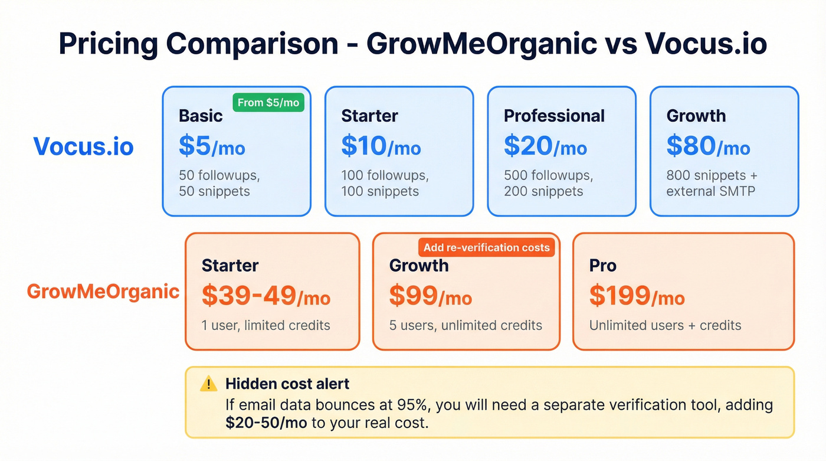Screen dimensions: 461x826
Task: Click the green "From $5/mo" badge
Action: [x=268, y=103]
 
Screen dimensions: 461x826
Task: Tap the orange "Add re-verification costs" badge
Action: [x=486, y=247]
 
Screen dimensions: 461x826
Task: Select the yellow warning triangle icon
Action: [x=209, y=384]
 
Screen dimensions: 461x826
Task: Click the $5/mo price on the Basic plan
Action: [x=212, y=146]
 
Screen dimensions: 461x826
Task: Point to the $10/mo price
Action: [x=381, y=146]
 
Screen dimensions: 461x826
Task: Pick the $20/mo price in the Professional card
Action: [x=545, y=146]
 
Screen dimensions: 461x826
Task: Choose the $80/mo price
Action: [x=708, y=146]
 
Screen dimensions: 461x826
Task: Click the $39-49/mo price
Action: [x=265, y=296]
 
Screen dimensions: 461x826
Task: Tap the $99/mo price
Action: [x=430, y=296]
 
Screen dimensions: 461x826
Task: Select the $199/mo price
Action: [x=637, y=296]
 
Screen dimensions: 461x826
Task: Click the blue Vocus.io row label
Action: [x=83, y=146]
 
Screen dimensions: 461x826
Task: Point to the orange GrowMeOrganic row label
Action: [x=103, y=291]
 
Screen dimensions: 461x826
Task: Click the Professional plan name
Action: [x=554, y=116]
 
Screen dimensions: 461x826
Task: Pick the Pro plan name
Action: [x=602, y=266]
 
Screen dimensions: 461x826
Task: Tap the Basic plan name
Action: [x=201, y=116]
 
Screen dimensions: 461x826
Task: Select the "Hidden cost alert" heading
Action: [x=287, y=384]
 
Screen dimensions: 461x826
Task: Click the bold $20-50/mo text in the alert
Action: [x=266, y=423]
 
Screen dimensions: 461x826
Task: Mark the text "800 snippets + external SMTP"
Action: [x=712, y=183]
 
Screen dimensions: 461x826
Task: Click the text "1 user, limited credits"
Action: [x=265, y=325]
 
